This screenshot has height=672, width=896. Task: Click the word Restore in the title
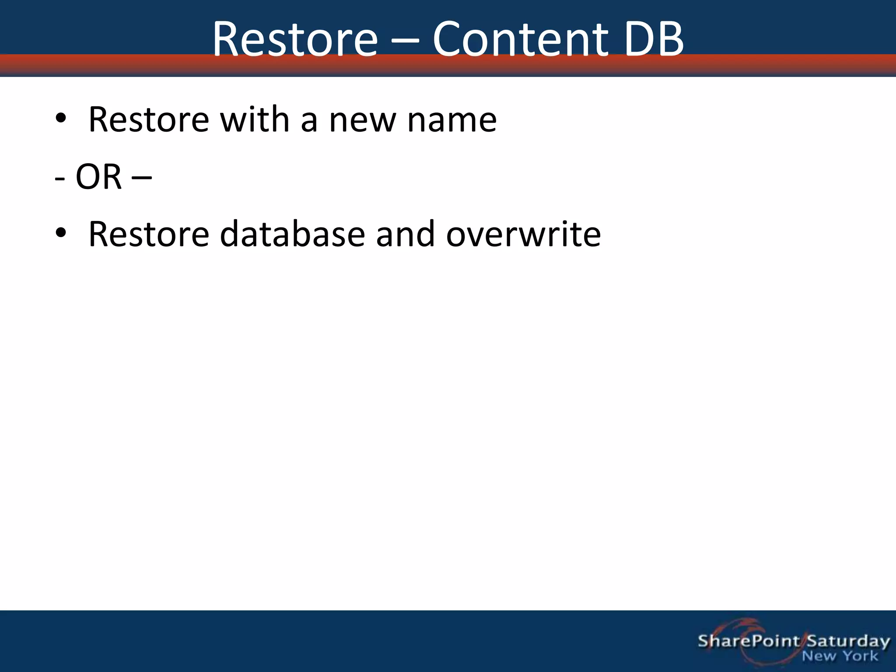[x=295, y=39]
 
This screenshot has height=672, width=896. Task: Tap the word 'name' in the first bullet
[x=452, y=119]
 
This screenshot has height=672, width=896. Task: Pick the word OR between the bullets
[x=98, y=177]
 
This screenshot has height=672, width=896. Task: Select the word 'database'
[x=292, y=234]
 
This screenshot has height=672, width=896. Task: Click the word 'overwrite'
[x=523, y=234]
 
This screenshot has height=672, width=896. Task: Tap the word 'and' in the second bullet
[x=405, y=234]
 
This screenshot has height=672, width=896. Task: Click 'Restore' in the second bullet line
[x=149, y=234]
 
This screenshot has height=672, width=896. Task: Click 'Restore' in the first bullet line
[x=149, y=119]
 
